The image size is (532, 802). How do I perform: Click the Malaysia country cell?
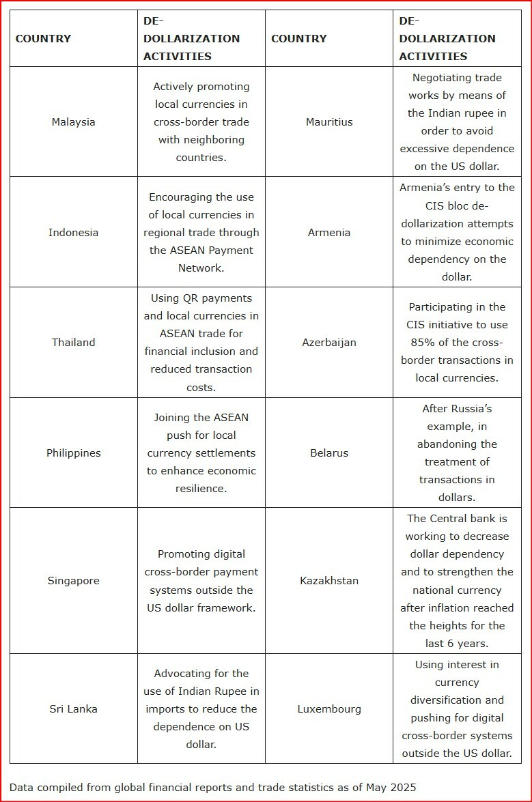click(x=73, y=122)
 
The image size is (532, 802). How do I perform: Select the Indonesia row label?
click(x=73, y=233)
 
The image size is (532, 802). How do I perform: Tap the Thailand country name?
click(x=73, y=343)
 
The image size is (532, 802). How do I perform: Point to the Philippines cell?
click(x=73, y=453)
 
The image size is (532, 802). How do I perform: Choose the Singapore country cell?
click(x=73, y=581)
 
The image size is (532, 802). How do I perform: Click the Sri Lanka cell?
click(x=73, y=709)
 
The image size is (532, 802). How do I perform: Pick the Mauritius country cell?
click(x=328, y=122)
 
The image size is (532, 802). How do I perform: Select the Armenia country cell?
click(x=328, y=233)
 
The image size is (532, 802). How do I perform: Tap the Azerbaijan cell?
click(x=328, y=343)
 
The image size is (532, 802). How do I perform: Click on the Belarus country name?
click(x=328, y=453)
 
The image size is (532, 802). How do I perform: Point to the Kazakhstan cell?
click(x=328, y=581)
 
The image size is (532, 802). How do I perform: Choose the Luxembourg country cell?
click(x=328, y=709)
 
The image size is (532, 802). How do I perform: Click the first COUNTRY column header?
click(x=43, y=39)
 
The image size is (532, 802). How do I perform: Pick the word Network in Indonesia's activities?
click(x=201, y=268)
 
